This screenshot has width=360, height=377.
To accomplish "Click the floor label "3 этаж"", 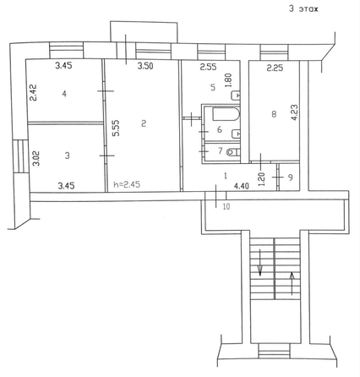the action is click(303, 8).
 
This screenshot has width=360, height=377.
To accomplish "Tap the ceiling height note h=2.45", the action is click(127, 184).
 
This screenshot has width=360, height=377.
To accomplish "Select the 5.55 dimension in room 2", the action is click(116, 128).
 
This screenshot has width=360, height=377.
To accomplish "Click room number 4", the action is click(64, 94).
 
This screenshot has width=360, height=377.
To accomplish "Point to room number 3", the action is click(67, 156).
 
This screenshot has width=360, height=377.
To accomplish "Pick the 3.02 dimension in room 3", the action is click(36, 159).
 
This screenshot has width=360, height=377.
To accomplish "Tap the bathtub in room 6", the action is click(226, 114).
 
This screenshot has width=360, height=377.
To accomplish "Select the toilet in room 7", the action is click(233, 152).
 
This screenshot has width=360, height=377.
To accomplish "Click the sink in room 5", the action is click(236, 96).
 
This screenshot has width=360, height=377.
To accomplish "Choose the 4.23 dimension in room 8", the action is click(295, 112).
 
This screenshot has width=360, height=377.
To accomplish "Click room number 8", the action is click(274, 114).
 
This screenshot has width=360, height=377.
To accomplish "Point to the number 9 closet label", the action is click(291, 178).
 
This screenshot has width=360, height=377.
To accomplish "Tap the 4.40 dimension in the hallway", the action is click(242, 186).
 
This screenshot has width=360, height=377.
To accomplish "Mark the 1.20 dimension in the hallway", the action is click(262, 178).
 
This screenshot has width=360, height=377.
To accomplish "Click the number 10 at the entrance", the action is click(226, 206).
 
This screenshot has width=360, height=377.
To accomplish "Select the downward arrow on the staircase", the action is click(260, 262).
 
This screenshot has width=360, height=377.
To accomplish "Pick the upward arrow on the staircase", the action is click(292, 283).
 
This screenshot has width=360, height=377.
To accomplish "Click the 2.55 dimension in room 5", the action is click(208, 67).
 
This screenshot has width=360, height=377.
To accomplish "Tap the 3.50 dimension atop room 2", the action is click(145, 66).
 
